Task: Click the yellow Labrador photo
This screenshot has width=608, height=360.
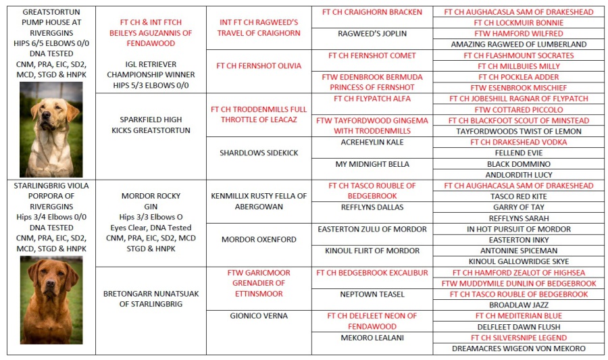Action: (51, 129)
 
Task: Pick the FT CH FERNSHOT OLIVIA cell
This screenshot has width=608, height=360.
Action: (259, 66)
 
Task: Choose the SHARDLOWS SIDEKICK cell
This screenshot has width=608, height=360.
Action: (259, 153)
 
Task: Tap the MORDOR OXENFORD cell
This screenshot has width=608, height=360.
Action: (259, 240)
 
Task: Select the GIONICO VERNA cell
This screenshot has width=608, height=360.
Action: (259, 316)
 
